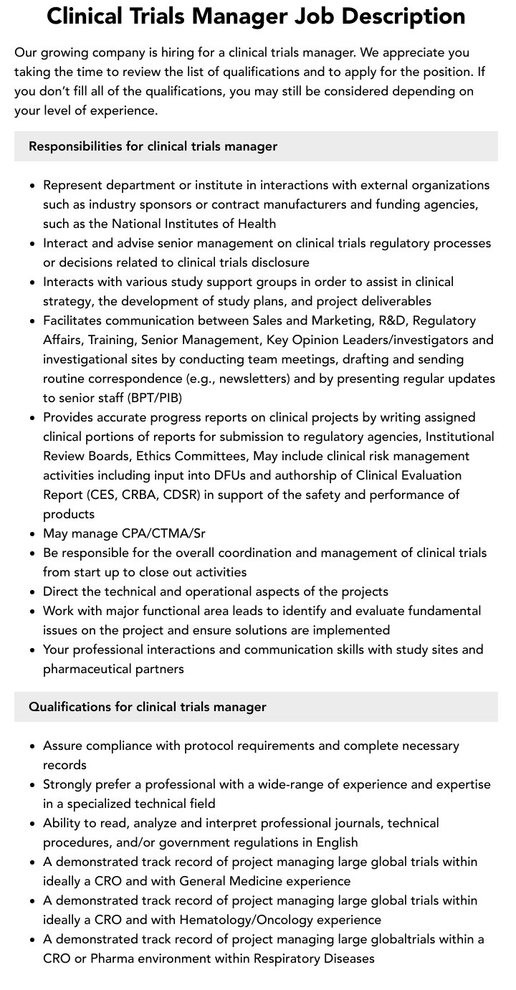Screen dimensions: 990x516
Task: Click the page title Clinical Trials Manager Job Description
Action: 256,16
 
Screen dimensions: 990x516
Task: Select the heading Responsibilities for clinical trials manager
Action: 153,146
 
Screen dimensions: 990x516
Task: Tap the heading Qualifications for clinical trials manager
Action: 147,707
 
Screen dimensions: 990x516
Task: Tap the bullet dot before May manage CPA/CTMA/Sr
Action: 33,534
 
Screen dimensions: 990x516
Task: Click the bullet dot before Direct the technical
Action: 33,592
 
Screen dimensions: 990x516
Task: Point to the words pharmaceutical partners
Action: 113,669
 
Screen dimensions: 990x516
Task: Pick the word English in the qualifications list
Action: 331,842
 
